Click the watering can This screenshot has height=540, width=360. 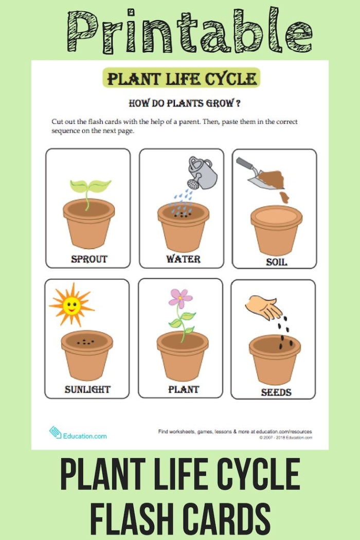point(202,172)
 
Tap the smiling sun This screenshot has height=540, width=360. point(71,305)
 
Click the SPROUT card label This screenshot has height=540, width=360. point(88,259)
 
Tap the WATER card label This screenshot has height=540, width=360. point(183,259)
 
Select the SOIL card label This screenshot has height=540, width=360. point(276,262)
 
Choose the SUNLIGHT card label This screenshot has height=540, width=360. point(87,389)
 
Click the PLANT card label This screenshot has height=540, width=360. point(183,389)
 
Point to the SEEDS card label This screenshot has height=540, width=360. point(276,392)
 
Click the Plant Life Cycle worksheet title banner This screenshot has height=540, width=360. point(182,79)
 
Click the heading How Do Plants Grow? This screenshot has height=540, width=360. point(184,103)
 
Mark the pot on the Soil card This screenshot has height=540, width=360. point(276,229)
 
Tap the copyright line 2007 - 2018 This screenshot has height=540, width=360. point(285,438)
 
